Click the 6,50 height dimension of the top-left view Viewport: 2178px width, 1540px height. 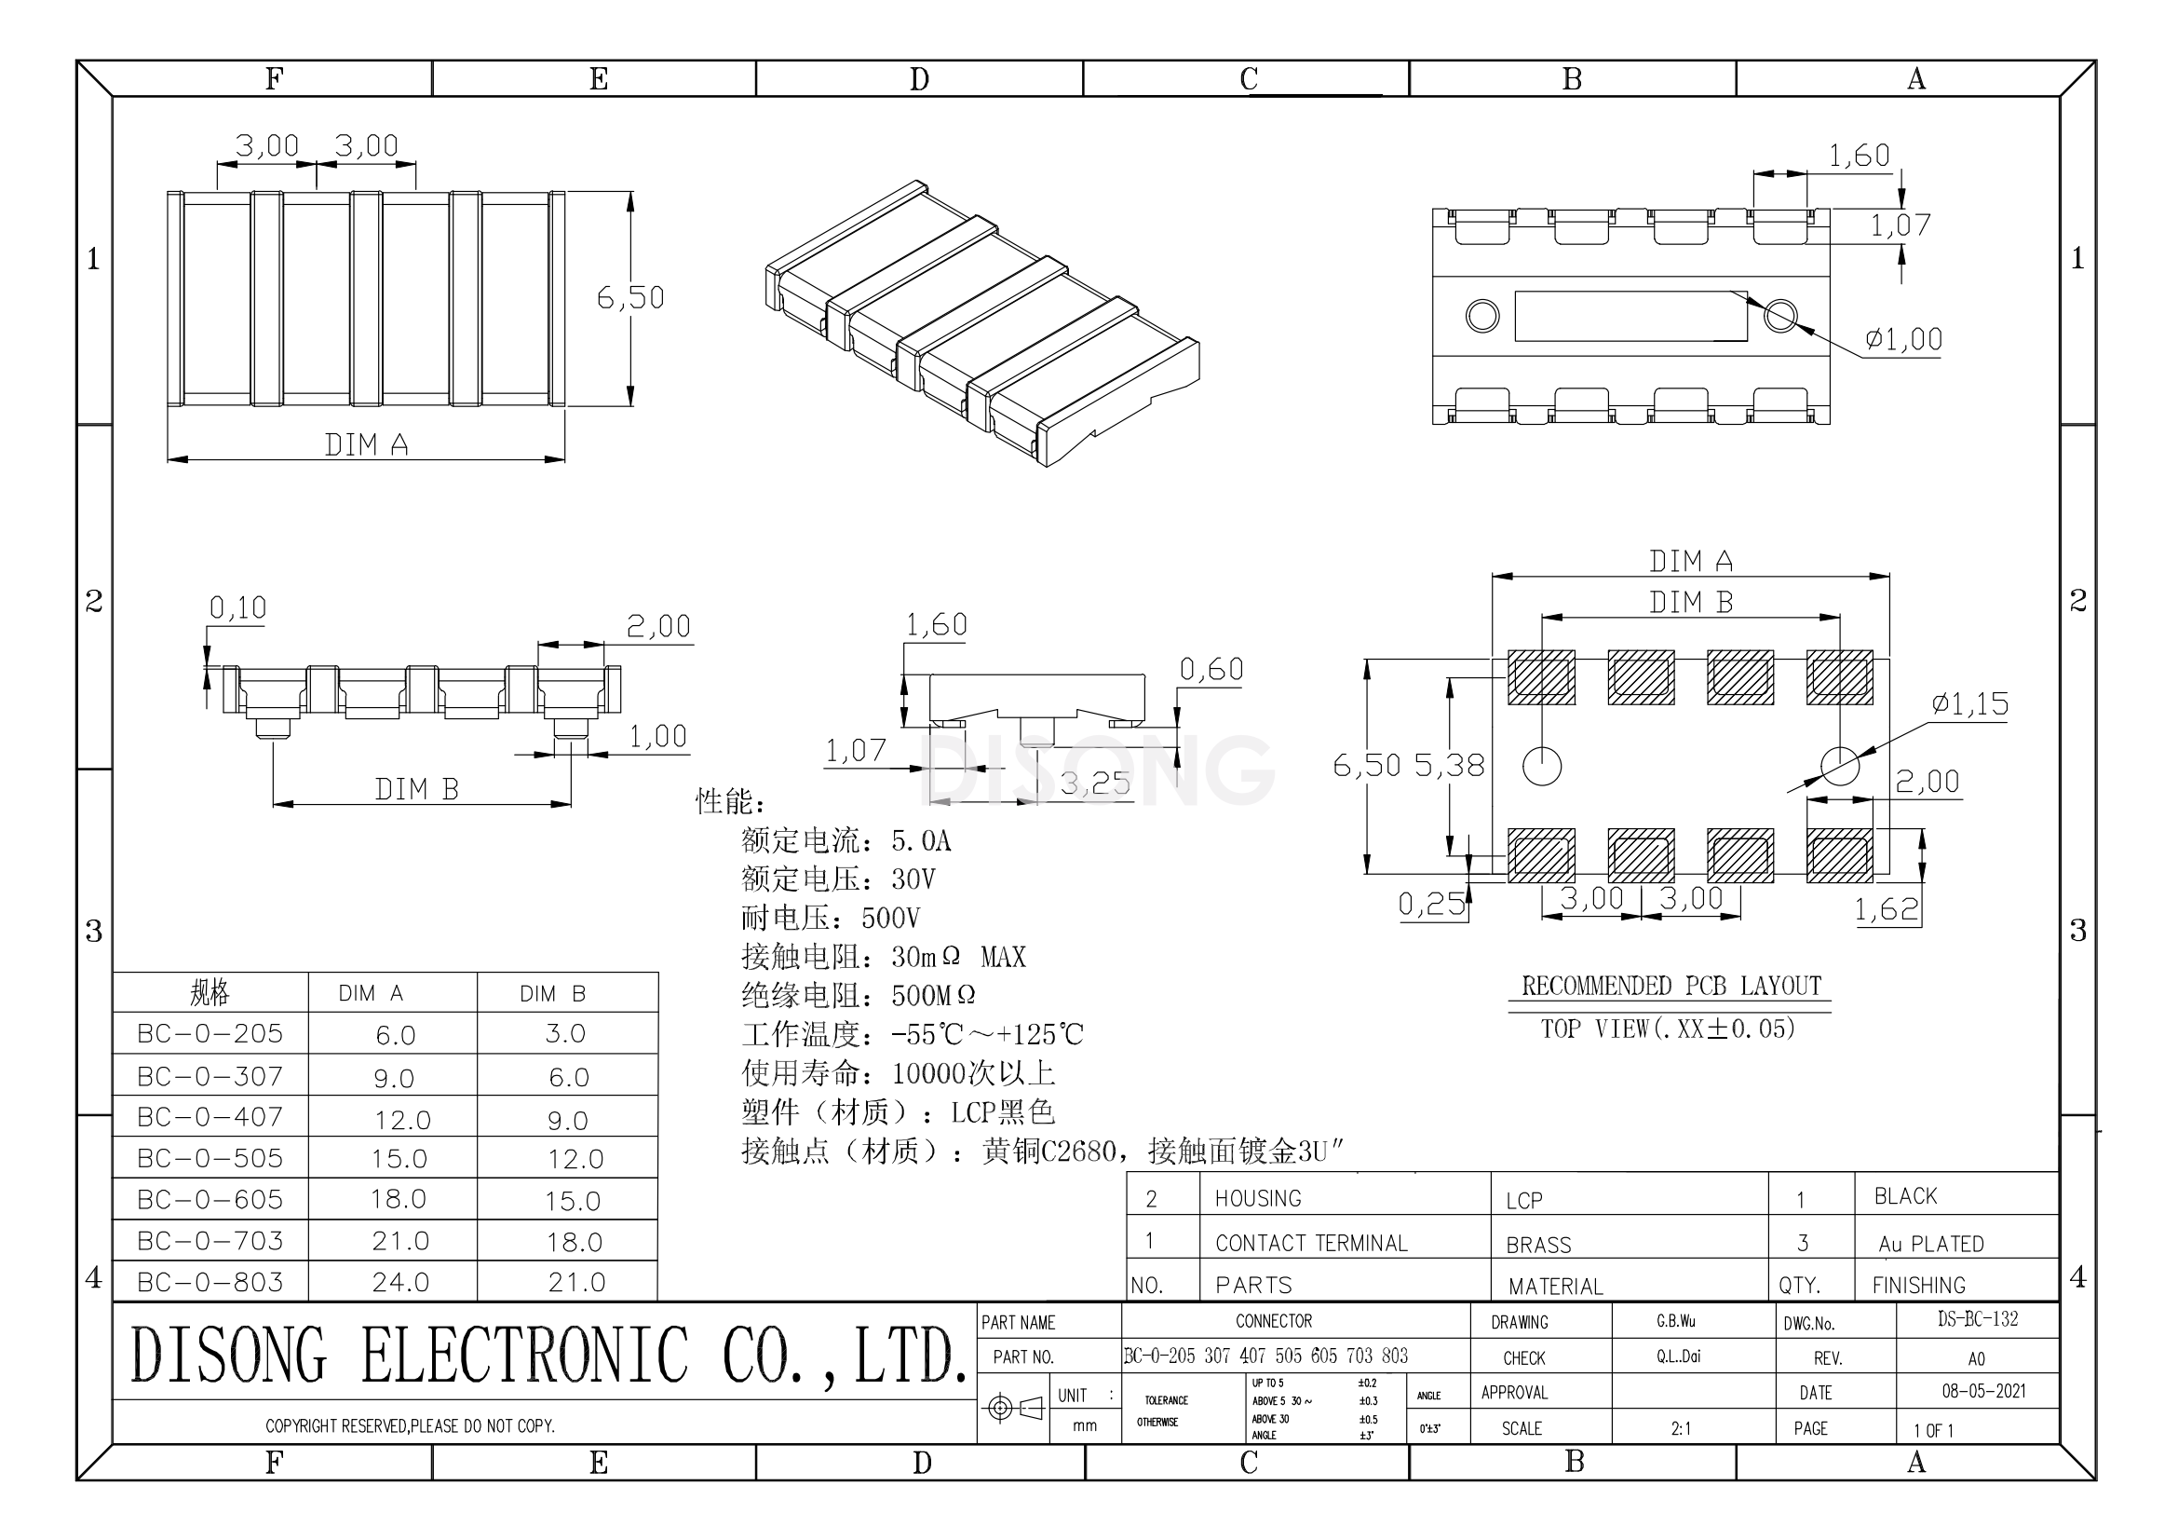[x=629, y=297]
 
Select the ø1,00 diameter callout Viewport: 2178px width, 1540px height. [x=1903, y=339]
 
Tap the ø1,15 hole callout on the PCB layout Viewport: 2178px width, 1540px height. [x=1969, y=703]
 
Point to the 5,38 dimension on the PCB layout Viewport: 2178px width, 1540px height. [x=1449, y=765]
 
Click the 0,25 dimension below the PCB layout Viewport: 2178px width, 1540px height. [x=1431, y=904]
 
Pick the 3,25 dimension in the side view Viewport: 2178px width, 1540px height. [x=1095, y=784]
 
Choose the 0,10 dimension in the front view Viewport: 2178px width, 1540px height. [x=237, y=607]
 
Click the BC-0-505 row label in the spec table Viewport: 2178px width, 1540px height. [x=210, y=1158]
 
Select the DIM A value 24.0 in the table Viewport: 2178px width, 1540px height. [x=400, y=1282]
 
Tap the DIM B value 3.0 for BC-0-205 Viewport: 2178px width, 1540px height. [x=565, y=1033]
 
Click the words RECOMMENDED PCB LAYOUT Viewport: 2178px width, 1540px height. [x=1671, y=986]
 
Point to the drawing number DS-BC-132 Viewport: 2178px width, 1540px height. [x=1977, y=1319]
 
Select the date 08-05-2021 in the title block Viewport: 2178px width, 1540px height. [x=1982, y=1391]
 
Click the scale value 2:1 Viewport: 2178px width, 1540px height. [x=1681, y=1428]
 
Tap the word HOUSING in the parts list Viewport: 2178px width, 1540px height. [x=1258, y=1198]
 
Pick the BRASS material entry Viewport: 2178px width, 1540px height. [x=1537, y=1245]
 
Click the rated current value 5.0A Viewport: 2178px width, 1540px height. [x=920, y=840]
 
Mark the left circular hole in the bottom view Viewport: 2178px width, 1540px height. [x=1481, y=315]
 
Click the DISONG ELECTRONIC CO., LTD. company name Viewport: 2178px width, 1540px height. [x=548, y=1354]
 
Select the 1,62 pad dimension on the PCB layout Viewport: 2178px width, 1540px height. [x=1886, y=909]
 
